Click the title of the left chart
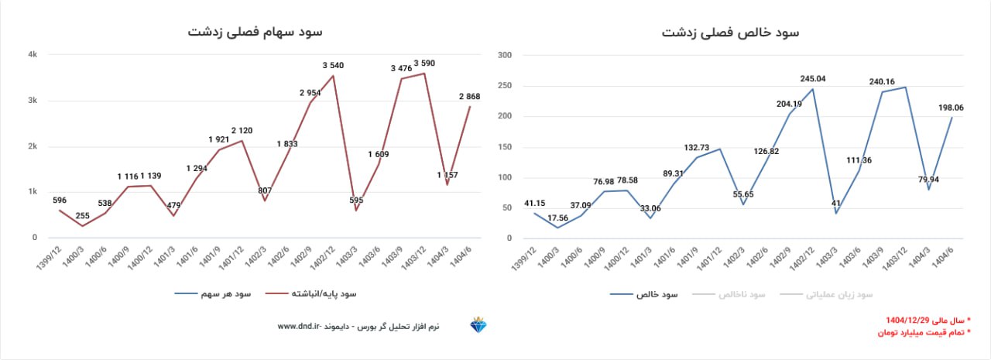point(255,32)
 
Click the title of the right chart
point(731,33)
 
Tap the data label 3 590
point(427,63)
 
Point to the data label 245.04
point(814,78)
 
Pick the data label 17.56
point(557,218)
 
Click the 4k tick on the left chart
point(33,55)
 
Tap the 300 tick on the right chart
point(505,55)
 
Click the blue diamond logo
point(478,326)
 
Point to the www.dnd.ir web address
point(299,327)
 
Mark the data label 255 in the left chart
point(83,216)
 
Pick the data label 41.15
point(535,204)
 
